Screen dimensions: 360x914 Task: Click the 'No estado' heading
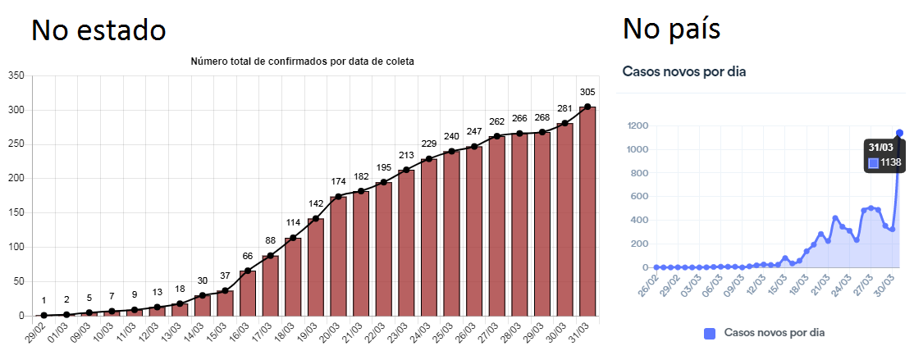[98, 30]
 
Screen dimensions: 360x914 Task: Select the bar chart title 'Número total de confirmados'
[303, 62]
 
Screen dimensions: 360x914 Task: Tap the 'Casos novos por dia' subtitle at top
[683, 71]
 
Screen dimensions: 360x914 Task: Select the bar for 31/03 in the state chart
[587, 211]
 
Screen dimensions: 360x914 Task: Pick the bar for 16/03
[248, 293]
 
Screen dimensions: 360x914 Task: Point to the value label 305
[587, 92]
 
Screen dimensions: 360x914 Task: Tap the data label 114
[293, 223]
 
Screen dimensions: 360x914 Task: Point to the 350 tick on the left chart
[16, 75]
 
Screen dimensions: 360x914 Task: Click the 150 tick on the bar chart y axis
[16, 213]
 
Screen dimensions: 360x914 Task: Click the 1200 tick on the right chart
[638, 125]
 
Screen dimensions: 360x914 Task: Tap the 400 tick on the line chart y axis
[641, 221]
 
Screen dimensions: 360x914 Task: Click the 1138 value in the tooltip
[890, 162]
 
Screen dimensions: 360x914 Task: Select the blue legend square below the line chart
[710, 333]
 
